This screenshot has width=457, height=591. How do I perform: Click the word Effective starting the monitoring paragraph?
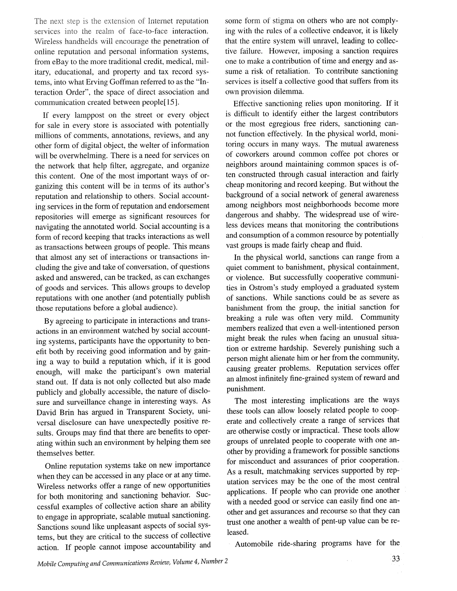coord(247,104)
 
